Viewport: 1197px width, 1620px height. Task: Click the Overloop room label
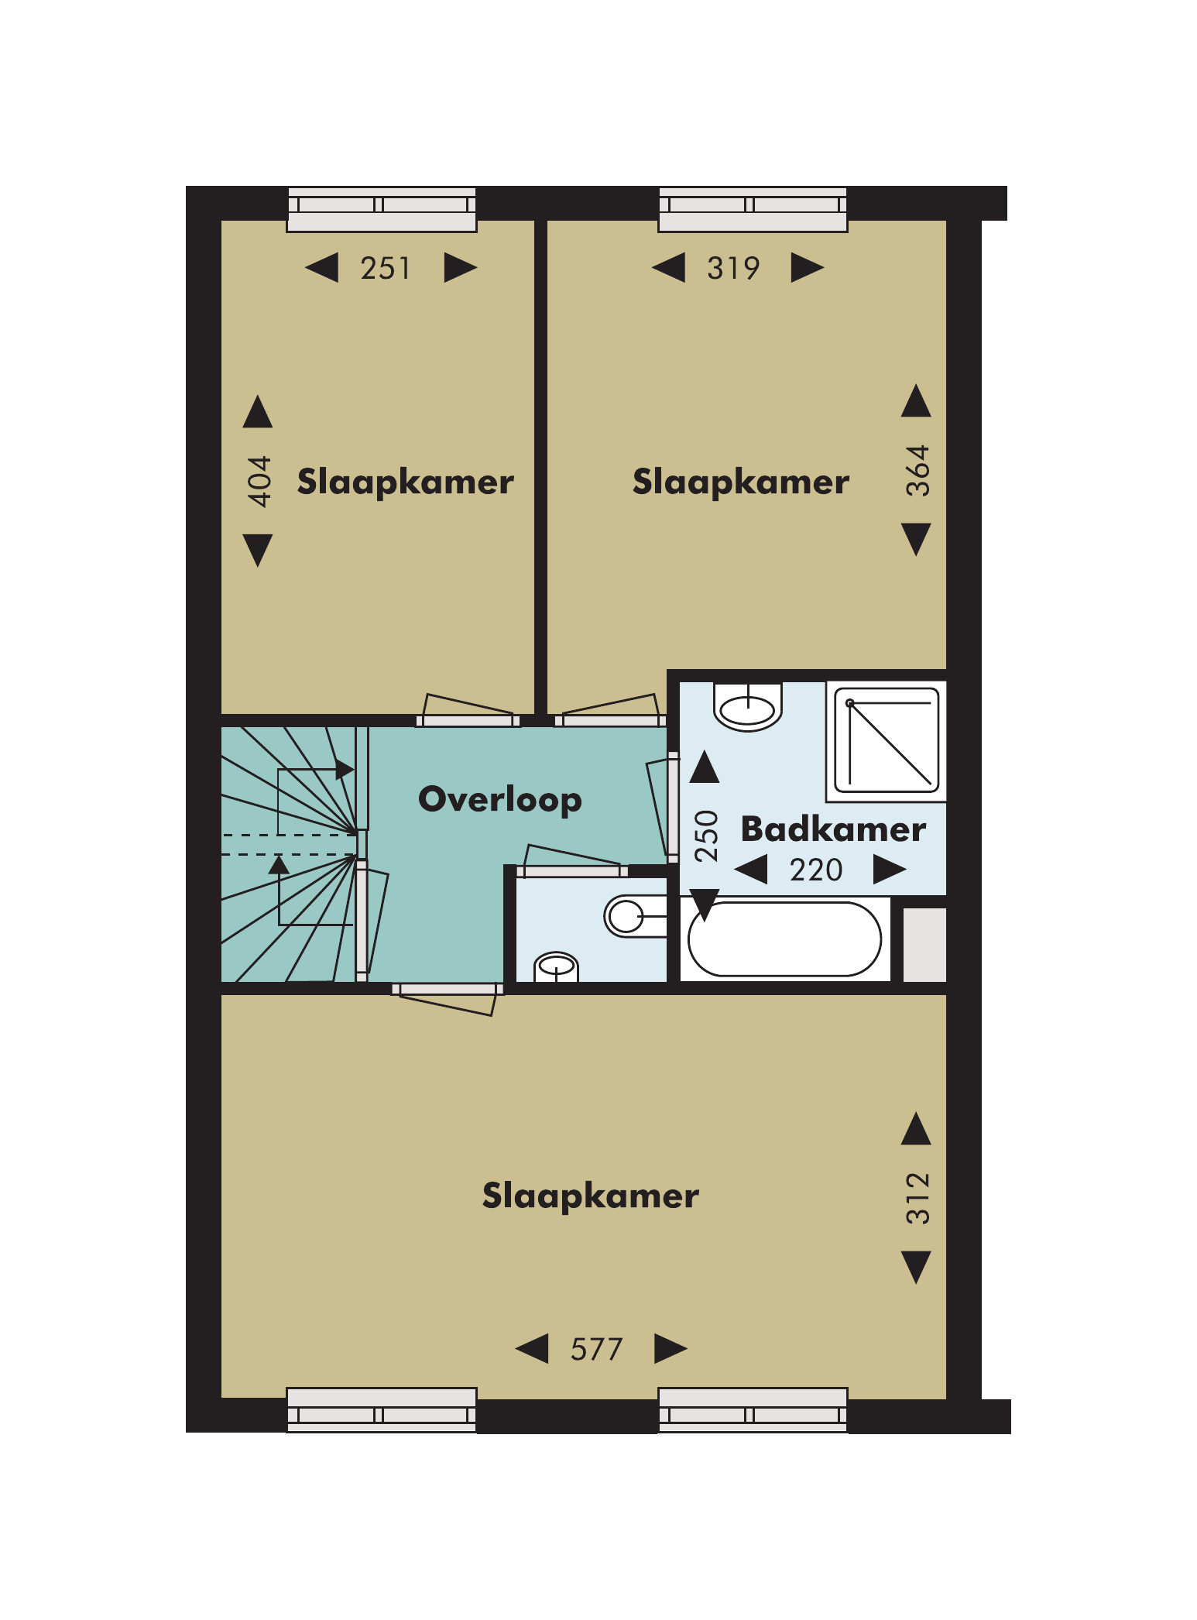tap(500, 799)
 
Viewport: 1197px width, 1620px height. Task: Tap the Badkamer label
tap(833, 829)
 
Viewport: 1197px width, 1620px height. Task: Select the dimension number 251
tap(385, 268)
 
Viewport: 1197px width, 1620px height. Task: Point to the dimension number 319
tap(732, 268)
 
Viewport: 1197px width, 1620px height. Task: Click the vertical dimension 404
tap(259, 481)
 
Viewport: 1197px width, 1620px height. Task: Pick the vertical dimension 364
tap(917, 470)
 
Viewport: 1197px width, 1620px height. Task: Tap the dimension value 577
tap(596, 1349)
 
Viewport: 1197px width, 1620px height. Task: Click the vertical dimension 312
tap(917, 1198)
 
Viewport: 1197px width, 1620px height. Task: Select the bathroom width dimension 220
tap(816, 870)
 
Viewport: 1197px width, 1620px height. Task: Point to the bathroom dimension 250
tap(706, 836)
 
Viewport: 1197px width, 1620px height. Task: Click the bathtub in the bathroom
tap(784, 939)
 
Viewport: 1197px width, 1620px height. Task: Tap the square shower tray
tap(887, 740)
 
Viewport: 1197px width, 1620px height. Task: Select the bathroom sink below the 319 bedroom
tap(748, 707)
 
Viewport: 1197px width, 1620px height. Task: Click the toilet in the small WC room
tap(636, 916)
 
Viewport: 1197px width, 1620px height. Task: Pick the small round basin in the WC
tap(557, 966)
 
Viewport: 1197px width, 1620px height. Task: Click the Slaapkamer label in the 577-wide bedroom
tap(591, 1196)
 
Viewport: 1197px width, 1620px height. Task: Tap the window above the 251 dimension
tap(382, 209)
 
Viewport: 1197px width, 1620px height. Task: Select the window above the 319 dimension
tap(753, 209)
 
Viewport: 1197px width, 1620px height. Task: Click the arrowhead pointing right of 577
tap(671, 1348)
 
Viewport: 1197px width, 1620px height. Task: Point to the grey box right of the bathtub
tap(924, 945)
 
